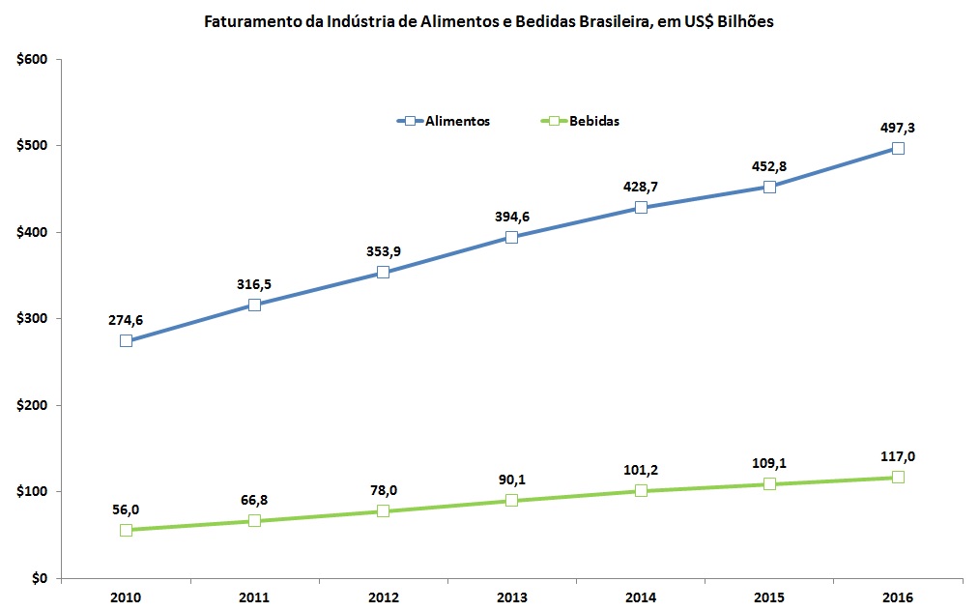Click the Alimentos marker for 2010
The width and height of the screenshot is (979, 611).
tap(126, 340)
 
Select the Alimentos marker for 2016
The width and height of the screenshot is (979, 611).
tap(898, 148)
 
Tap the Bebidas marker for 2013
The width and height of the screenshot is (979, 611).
tap(511, 500)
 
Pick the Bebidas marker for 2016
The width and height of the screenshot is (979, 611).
tap(898, 477)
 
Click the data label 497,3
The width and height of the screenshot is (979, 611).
tap(898, 127)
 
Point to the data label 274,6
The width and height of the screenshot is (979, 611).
tap(126, 320)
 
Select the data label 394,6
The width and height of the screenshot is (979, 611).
tap(511, 216)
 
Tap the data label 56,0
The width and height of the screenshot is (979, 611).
tap(126, 509)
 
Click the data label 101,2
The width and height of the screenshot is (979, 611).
tap(640, 471)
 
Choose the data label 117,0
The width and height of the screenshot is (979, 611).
tap(898, 457)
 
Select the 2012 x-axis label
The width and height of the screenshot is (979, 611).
tap(383, 597)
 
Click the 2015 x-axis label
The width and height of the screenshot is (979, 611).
tap(768, 597)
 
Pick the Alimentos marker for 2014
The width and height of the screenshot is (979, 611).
tap(640, 207)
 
